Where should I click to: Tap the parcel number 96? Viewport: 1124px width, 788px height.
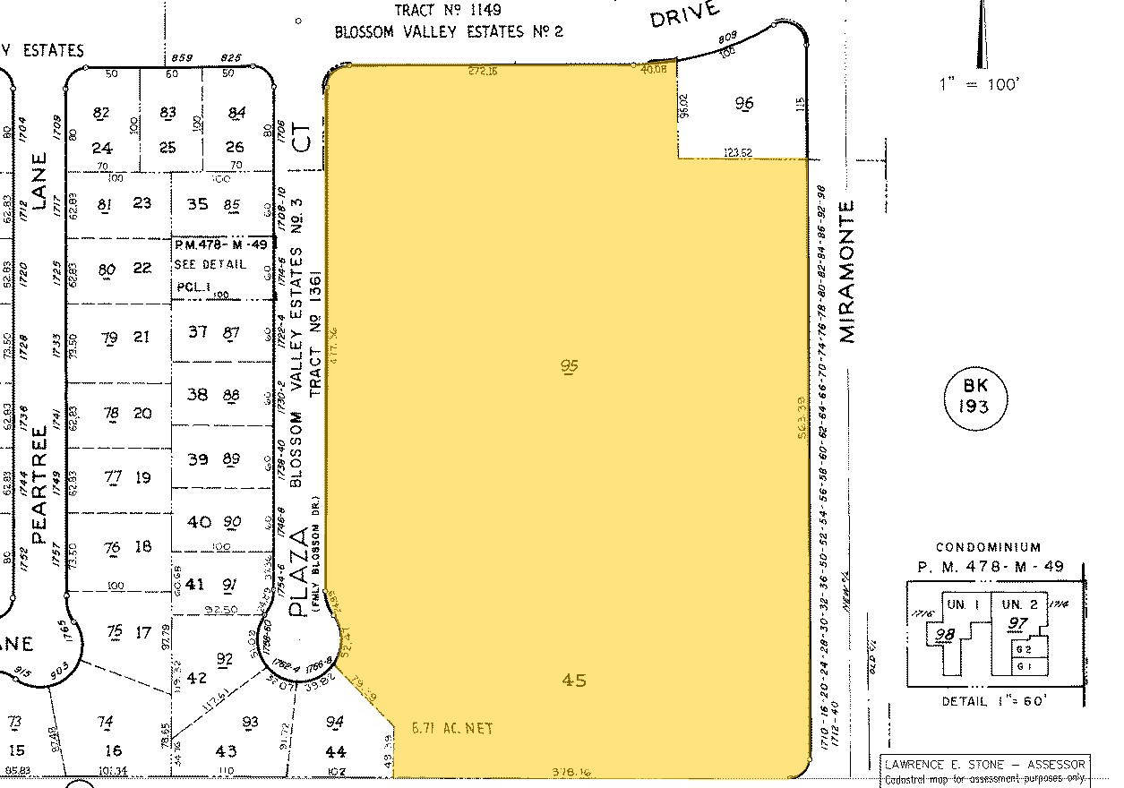coord(743,103)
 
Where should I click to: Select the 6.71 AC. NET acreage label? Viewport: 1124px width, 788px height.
coord(451,729)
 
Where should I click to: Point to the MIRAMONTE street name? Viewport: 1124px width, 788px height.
coord(846,270)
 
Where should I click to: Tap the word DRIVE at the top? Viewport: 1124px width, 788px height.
coord(685,14)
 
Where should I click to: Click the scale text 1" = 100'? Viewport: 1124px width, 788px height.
coord(979,84)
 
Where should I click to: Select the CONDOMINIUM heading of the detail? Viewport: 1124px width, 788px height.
coord(988,547)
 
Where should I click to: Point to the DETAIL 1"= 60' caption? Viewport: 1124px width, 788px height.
coord(992,701)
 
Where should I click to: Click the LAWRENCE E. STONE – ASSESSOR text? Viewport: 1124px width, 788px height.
coord(985,764)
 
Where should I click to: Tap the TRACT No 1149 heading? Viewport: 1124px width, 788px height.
coord(449,11)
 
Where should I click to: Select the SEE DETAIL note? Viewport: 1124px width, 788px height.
coord(210,264)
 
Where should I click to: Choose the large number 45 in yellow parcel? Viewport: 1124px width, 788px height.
coord(573,681)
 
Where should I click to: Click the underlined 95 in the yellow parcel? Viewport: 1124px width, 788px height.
coord(569,365)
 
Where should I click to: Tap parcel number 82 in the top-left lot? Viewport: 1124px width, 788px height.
coord(101,113)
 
